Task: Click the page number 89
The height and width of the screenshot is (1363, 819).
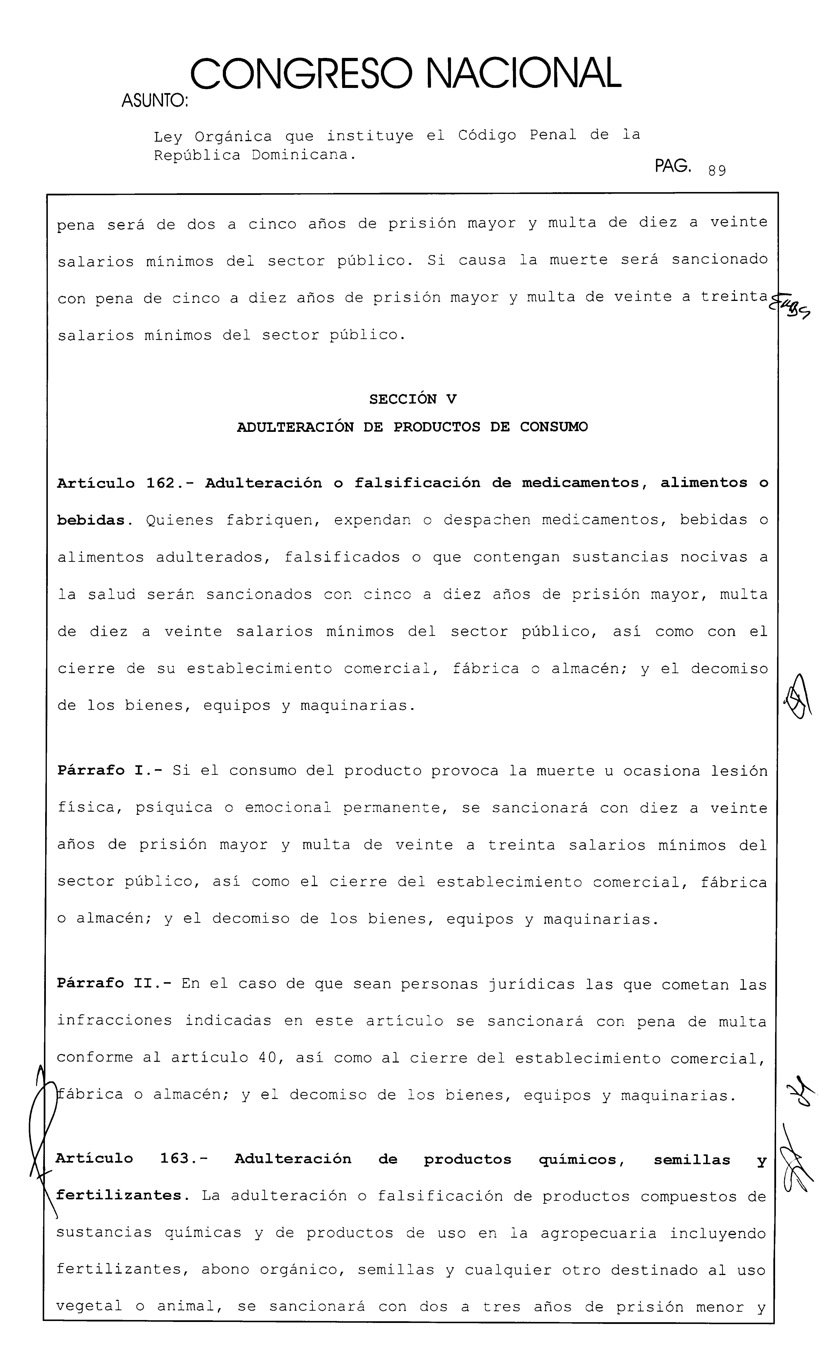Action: (717, 171)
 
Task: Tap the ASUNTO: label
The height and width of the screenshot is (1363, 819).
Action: (154, 101)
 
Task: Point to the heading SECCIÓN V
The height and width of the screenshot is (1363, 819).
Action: (413, 399)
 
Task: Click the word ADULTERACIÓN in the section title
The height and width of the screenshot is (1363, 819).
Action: (295, 427)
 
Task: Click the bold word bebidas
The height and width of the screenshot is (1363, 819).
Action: (91, 520)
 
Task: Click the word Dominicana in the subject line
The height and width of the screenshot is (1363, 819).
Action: (301, 155)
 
